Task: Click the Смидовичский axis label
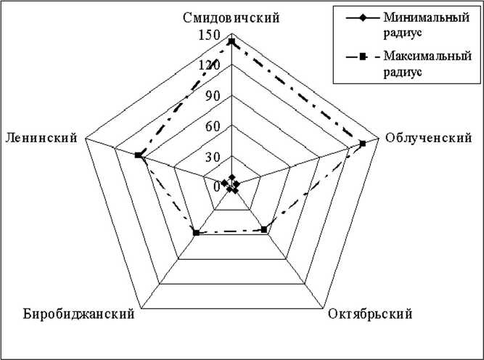(231, 18)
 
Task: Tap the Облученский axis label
(428, 138)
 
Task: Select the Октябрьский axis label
(370, 314)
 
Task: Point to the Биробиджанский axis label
(80, 314)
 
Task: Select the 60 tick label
(212, 126)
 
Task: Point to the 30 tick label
(212, 157)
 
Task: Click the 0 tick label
(216, 187)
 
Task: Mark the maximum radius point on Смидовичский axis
(231, 41)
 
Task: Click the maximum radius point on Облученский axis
(363, 143)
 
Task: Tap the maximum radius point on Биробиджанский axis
(196, 232)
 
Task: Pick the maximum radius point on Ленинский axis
(139, 155)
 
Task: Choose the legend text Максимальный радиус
(417, 63)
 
